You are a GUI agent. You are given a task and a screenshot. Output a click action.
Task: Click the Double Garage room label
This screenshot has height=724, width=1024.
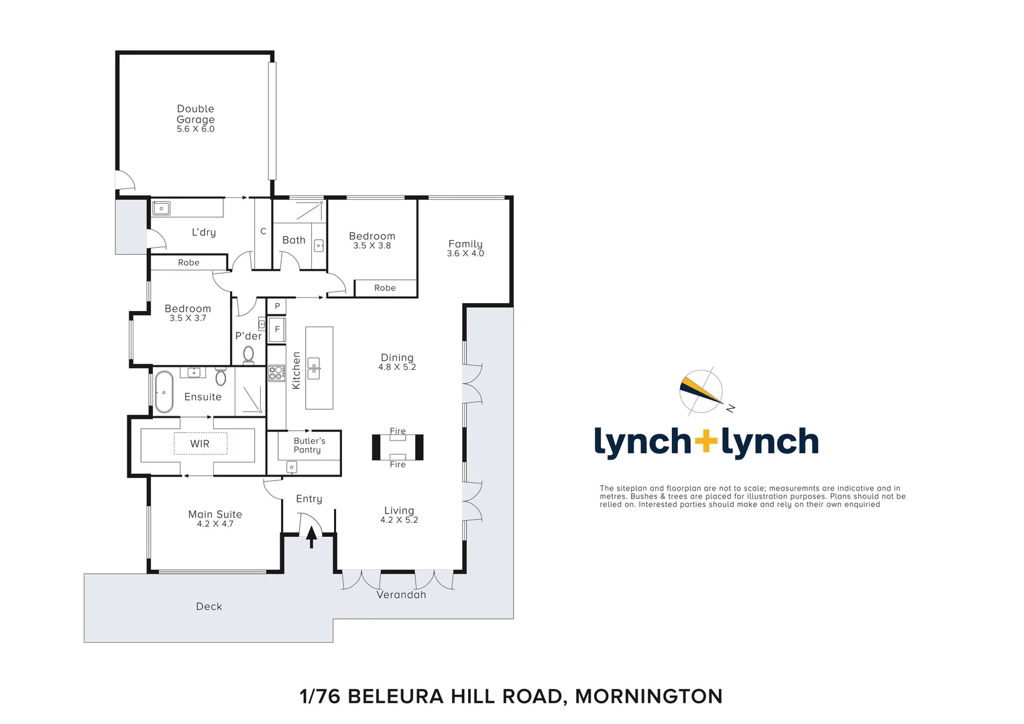point(195,114)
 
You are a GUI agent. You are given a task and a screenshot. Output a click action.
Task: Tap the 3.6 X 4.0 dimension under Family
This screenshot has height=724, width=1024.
point(465,253)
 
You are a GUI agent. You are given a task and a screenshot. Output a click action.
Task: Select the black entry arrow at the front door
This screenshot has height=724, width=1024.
point(311,537)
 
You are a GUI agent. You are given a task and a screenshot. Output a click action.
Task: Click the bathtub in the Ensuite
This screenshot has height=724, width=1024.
point(164,391)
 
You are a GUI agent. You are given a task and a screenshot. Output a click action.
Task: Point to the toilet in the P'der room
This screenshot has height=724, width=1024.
point(249,355)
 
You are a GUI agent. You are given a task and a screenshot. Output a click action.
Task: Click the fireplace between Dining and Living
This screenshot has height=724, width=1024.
point(398,447)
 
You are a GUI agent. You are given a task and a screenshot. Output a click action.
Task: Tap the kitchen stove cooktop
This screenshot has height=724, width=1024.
point(276,373)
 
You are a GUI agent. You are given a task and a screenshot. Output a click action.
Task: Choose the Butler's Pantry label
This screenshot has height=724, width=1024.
point(308,445)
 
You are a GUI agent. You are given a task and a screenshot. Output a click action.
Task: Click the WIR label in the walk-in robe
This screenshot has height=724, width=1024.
point(200,444)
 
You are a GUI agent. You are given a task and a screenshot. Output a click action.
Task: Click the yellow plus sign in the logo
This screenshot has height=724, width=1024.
point(705,442)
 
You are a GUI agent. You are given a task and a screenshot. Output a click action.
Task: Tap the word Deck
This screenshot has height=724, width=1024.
point(209,606)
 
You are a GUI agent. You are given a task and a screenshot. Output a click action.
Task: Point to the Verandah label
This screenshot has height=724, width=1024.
point(401,595)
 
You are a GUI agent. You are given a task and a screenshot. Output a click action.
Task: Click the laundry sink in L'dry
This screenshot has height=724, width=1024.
point(162,208)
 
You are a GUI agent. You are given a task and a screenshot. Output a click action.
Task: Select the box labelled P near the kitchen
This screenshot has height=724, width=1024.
point(277,306)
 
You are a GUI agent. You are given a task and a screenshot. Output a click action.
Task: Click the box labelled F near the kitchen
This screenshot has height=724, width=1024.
point(277,329)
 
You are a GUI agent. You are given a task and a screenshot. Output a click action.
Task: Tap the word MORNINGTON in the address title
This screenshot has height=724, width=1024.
point(648,697)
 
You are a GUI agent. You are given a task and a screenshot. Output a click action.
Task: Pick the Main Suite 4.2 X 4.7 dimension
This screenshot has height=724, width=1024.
point(215,524)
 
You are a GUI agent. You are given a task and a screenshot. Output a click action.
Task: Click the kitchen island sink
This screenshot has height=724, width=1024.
point(313,368)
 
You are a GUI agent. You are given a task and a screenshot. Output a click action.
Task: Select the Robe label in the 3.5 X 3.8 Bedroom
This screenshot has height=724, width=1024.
point(385,288)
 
